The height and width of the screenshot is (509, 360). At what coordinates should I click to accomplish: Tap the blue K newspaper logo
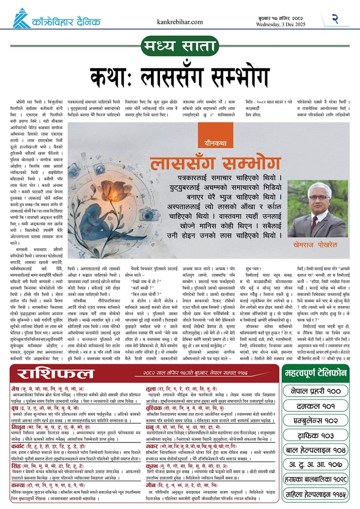point(21,18)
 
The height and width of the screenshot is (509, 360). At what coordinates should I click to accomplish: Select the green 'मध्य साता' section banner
point(180,48)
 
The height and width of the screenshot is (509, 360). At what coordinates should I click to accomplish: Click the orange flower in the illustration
point(114,189)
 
